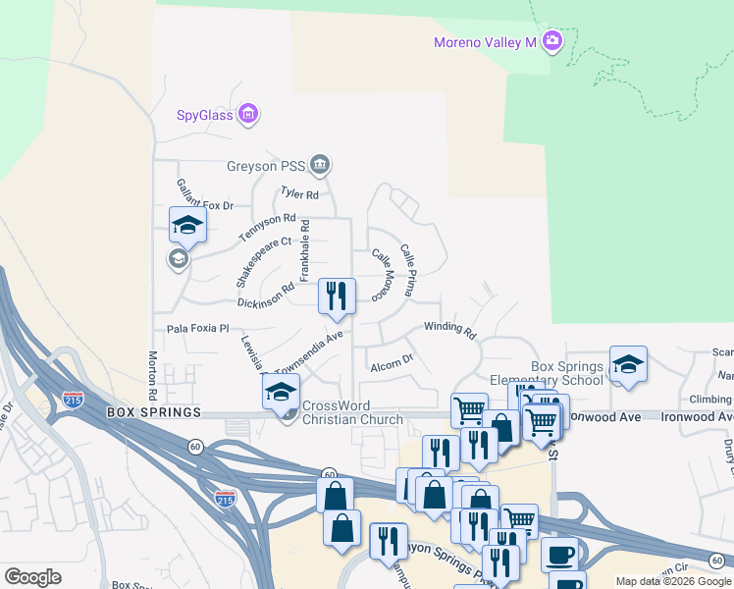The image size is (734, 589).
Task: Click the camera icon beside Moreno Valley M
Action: [552, 41]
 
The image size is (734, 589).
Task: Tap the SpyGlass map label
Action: [204, 115]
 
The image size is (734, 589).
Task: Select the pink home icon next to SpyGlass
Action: [248, 115]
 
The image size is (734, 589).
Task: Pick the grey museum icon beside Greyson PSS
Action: [320, 163]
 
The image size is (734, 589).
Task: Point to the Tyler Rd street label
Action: [300, 194]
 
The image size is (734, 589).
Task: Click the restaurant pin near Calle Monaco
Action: [336, 295]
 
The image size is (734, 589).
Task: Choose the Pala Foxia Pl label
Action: [197, 329]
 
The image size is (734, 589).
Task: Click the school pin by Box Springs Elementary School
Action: [627, 364]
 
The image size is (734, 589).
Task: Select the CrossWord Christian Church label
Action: [352, 413]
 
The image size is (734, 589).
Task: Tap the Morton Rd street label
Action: [153, 376]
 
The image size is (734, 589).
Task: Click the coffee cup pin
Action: [559, 555]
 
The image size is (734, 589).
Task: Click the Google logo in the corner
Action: [32, 577]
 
